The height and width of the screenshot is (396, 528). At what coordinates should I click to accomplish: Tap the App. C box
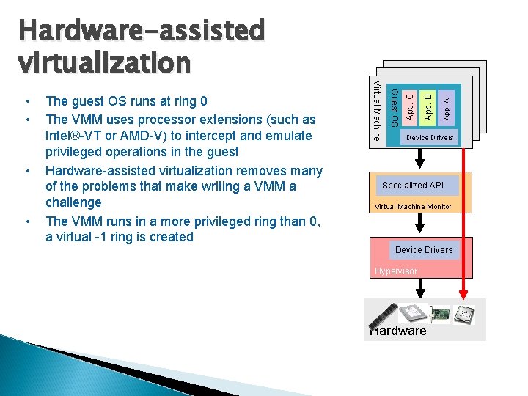pos(411,104)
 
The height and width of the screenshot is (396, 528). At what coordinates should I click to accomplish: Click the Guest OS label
pos(394,106)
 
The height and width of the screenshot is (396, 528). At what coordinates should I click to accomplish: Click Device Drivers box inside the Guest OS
pos(430,138)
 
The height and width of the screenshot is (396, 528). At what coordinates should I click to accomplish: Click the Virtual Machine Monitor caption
pos(413,207)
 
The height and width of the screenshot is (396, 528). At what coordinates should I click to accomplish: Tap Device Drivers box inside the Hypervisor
pos(424,250)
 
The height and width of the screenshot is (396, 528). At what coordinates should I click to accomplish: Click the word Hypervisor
pos(395,271)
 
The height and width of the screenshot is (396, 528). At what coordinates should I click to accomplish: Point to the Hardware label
pos(398,331)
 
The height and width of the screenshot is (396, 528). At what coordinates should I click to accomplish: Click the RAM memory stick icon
pos(384,316)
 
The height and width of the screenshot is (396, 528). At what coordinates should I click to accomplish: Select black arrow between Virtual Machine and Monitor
pos(420,158)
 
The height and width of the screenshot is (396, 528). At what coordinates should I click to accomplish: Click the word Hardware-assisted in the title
pos(141,30)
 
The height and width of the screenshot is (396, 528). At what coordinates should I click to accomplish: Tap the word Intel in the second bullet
pos(62,136)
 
